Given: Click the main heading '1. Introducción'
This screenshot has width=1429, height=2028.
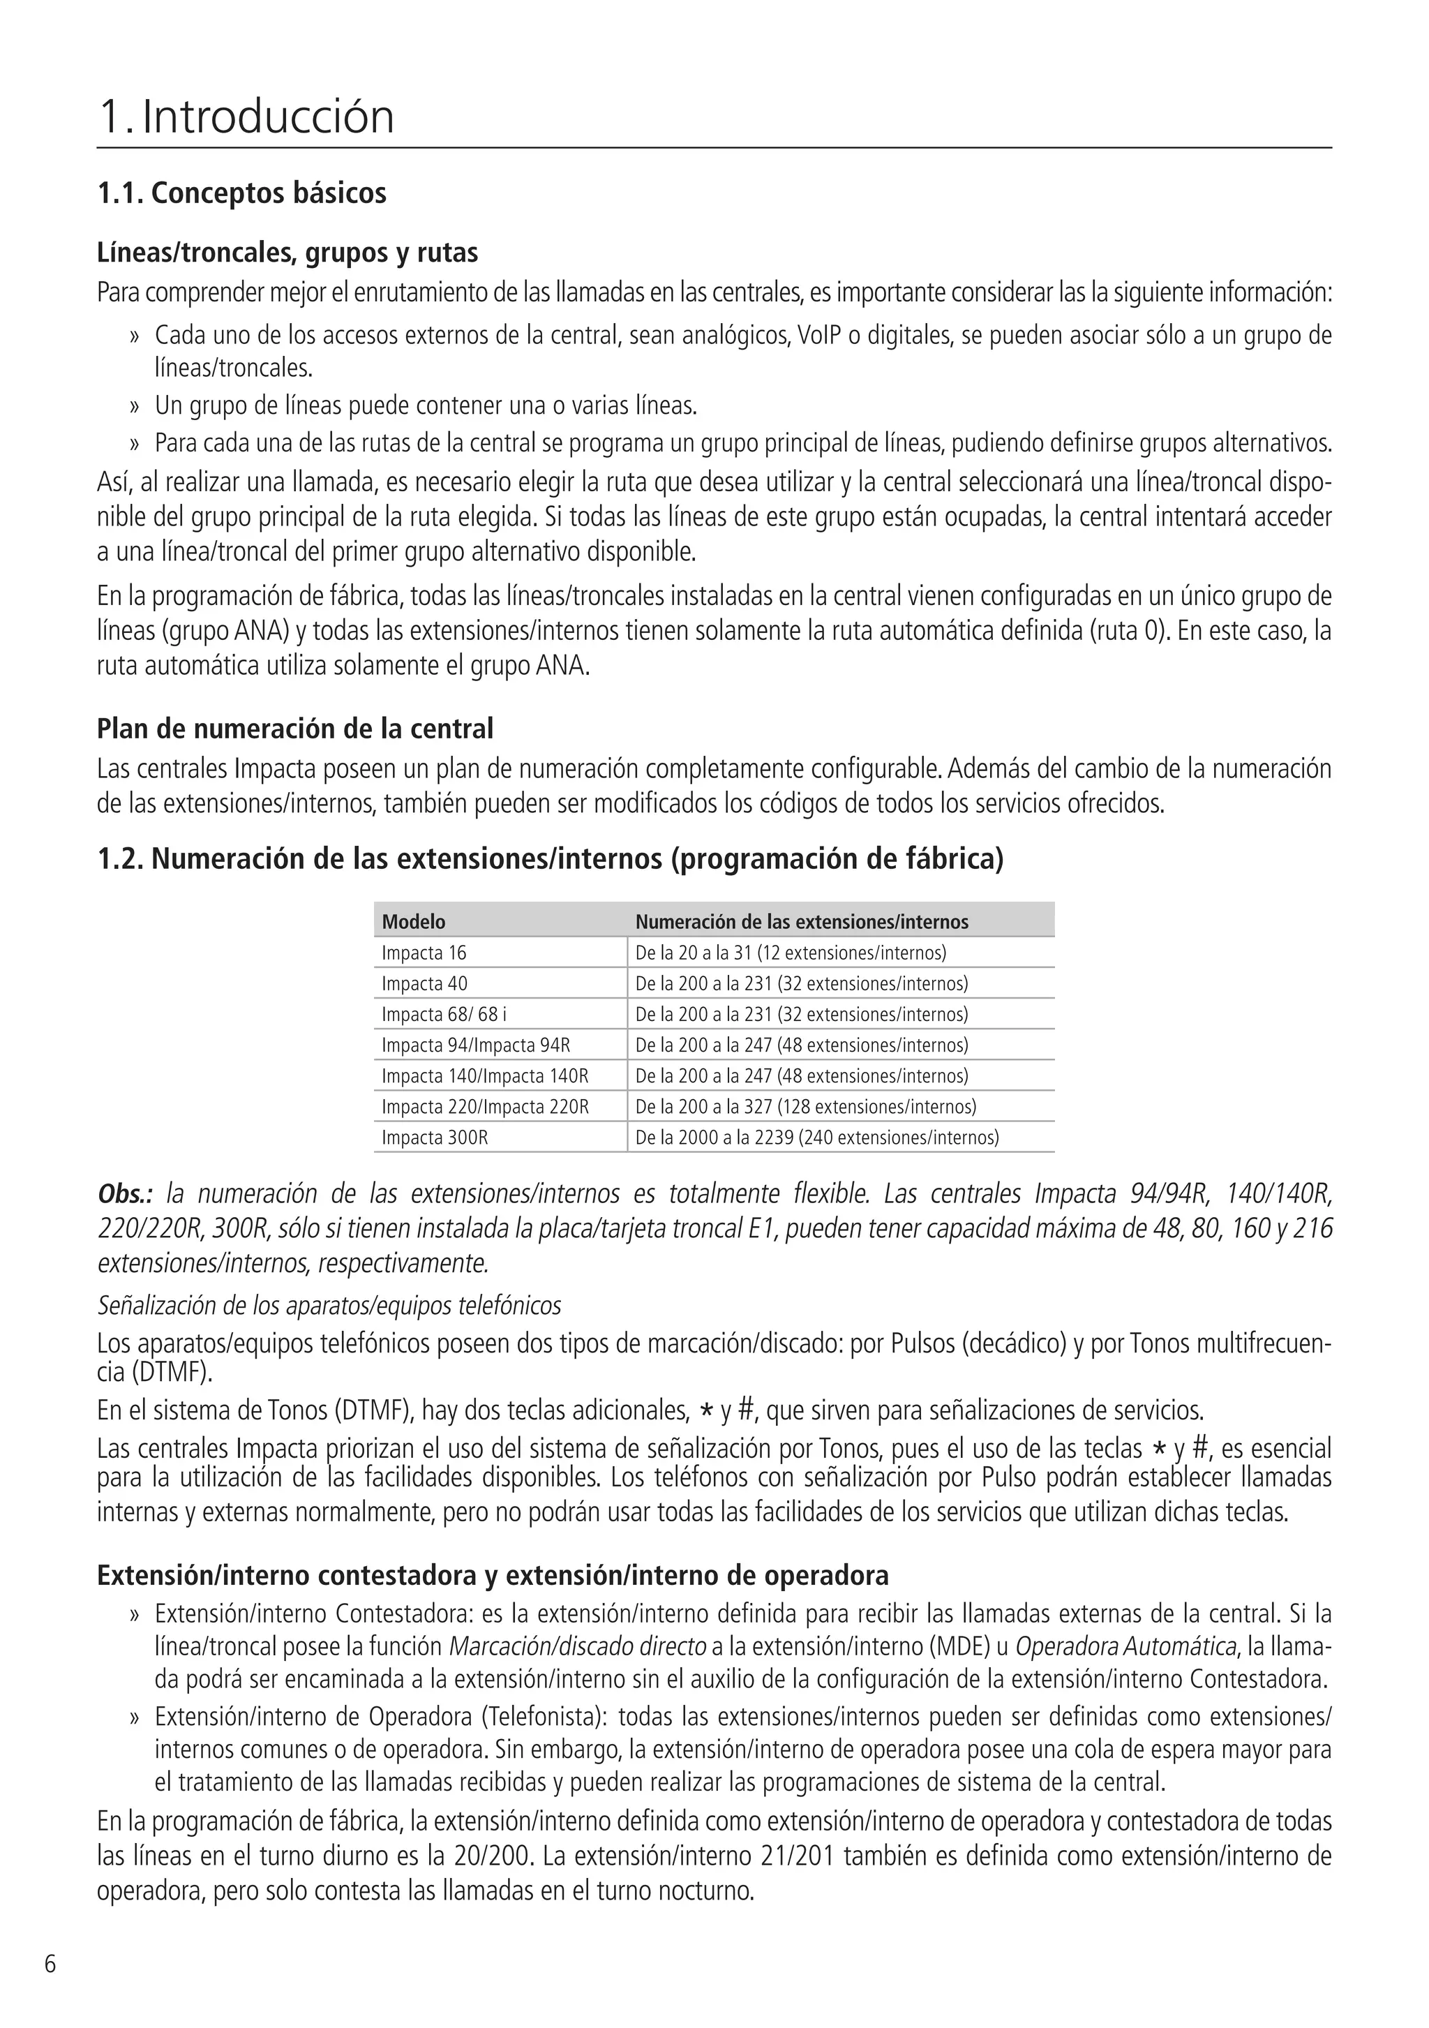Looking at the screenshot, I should pos(246,117).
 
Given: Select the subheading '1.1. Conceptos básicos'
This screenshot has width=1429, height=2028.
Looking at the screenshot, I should pos(241,193).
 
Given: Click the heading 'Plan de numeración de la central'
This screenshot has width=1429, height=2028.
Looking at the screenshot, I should pos(295,729).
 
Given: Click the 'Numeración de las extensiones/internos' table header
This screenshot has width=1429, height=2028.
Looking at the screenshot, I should pos(801,922).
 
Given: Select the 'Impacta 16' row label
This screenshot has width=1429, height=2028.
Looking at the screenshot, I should pos(424,953).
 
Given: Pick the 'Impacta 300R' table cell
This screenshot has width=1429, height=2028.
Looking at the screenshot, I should pos(435,1138).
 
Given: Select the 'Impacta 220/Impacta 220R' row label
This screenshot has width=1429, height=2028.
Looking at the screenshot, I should pos(485,1107).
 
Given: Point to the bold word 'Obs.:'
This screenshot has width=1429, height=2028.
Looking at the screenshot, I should pos(126,1194).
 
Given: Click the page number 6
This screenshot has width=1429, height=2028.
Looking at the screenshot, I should pos(50,1964).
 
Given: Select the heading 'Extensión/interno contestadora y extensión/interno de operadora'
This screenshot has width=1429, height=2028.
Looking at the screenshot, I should pos(492,1575).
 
